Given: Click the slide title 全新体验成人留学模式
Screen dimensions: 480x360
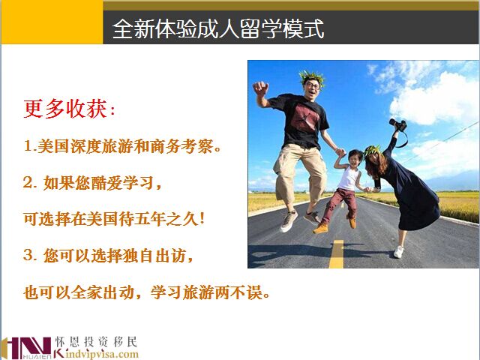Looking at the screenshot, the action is pyautogui.click(x=218, y=28).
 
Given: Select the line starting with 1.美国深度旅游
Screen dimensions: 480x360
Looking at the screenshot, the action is pyautogui.click(x=122, y=146).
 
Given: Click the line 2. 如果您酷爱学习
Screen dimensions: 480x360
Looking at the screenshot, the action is pyautogui.click(x=92, y=183).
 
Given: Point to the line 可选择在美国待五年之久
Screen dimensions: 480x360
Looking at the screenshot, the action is pyautogui.click(x=114, y=219).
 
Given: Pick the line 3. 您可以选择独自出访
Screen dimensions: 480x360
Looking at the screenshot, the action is pyautogui.click(x=108, y=255).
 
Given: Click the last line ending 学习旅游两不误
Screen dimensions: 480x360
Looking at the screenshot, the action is pyautogui.click(x=147, y=292).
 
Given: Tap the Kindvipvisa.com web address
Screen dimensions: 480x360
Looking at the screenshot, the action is pyautogui.click(x=97, y=354).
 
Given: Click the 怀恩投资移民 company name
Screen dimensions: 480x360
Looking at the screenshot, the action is pyautogui.click(x=96, y=342).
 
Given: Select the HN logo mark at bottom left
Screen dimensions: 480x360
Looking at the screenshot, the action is pyautogui.click(x=27, y=348).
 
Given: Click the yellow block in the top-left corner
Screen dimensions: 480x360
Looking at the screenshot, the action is pyautogui.click(x=52, y=22).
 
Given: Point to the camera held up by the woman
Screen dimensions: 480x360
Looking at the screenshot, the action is pyautogui.click(x=398, y=124).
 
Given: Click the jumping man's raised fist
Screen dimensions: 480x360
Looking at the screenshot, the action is pyautogui.click(x=260, y=89).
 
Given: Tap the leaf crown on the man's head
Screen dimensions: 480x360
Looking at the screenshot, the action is pyautogui.click(x=312, y=76).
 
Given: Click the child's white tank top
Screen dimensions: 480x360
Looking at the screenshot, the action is pyautogui.click(x=349, y=178).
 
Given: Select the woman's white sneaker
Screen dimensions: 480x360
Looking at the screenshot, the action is pyautogui.click(x=398, y=252).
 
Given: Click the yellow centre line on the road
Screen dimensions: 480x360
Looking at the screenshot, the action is pyautogui.click(x=337, y=254).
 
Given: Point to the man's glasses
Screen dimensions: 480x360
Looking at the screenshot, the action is pyautogui.click(x=312, y=85).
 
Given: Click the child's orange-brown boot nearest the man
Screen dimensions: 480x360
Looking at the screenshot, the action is pyautogui.click(x=320, y=228).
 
